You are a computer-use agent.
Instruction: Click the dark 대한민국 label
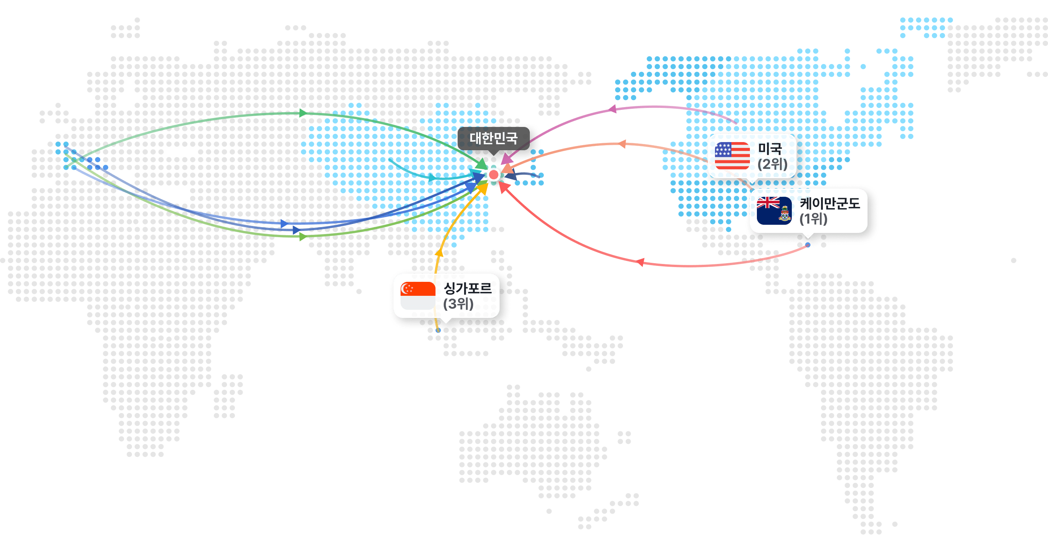click(x=493, y=138)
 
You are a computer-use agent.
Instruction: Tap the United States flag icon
click(x=732, y=156)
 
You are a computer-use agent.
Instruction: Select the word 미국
click(x=770, y=149)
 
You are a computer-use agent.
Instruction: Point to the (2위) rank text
click(x=772, y=164)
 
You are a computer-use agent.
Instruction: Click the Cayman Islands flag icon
click(x=774, y=210)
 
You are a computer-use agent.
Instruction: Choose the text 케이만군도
click(x=829, y=203)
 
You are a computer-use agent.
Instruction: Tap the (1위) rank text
click(x=813, y=219)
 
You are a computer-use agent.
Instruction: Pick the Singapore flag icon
click(x=418, y=296)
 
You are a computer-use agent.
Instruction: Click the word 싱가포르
click(x=467, y=288)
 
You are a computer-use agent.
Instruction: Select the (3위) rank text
click(x=458, y=304)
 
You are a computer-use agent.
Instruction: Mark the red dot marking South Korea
click(x=493, y=175)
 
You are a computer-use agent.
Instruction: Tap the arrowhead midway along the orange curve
click(x=622, y=144)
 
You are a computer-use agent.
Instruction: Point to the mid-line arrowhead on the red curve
click(x=640, y=262)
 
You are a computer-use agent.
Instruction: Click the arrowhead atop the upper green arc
click(x=302, y=113)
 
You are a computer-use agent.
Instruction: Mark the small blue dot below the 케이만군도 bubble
click(x=808, y=245)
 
